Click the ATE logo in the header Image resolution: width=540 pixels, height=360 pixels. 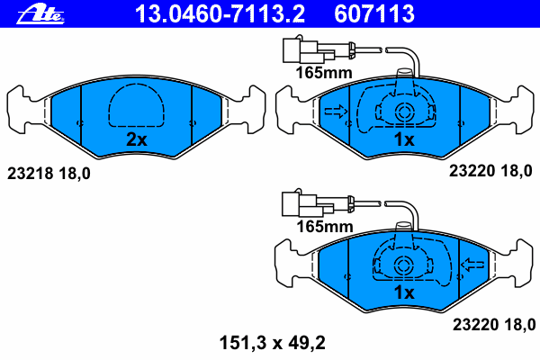[x=40, y=14]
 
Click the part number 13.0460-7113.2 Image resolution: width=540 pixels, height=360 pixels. [x=220, y=13]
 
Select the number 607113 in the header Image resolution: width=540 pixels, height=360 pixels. [x=374, y=13]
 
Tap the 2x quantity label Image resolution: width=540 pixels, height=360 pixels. [x=137, y=139]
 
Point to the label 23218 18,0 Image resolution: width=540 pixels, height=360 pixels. [x=49, y=174]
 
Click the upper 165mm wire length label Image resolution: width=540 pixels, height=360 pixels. [x=324, y=73]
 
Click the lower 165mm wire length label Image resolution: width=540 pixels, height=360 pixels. [x=325, y=227]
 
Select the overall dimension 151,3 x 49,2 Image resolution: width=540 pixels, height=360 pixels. [x=272, y=343]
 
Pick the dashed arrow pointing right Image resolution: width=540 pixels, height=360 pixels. [x=337, y=112]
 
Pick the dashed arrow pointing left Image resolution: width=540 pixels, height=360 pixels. [x=472, y=265]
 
